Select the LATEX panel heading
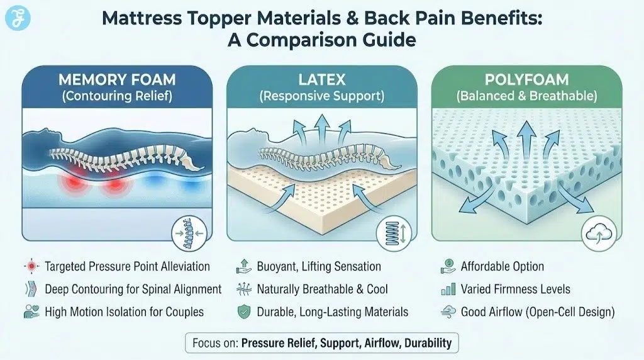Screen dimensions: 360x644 (x=321, y=81)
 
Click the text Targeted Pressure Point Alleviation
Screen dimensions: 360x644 (x=127, y=266)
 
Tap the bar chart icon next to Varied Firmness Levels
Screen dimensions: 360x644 (x=447, y=290)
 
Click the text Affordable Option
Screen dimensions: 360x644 (x=502, y=266)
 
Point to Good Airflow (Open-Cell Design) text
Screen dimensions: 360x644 (x=538, y=312)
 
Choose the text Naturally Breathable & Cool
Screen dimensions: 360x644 (x=323, y=290)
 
